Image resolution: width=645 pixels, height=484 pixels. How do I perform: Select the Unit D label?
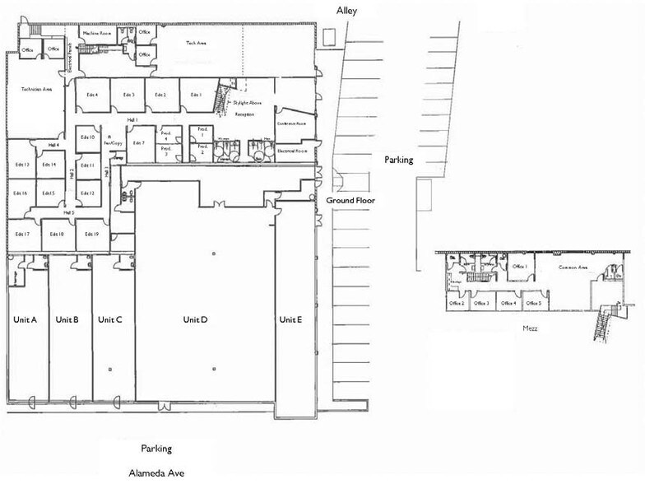195,319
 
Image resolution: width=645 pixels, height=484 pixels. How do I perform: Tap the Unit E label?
291,319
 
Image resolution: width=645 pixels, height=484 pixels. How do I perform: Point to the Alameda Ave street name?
156,473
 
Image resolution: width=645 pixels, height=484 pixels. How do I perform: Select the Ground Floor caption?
351,200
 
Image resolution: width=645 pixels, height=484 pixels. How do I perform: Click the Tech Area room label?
196,41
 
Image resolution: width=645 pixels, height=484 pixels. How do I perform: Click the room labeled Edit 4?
92,95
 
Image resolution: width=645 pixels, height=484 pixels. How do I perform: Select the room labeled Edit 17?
22,235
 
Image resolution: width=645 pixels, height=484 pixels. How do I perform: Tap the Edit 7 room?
138,143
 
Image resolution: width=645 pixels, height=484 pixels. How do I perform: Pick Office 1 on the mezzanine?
519,267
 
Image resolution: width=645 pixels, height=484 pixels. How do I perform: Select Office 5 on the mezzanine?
534,303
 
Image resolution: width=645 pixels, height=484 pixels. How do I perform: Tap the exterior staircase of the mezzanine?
608,321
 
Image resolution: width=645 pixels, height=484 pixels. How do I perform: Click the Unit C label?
110,319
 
